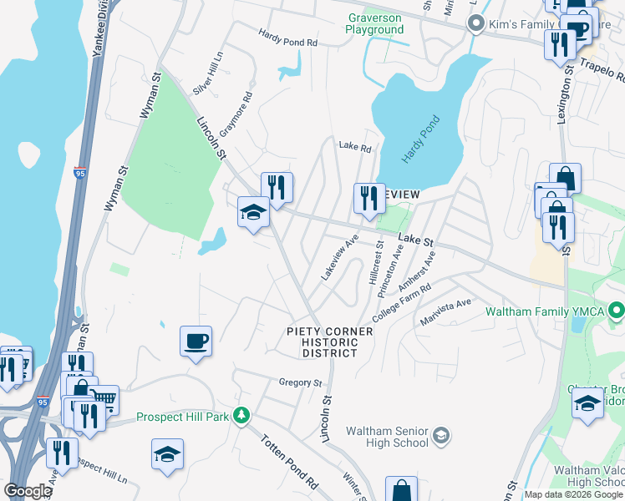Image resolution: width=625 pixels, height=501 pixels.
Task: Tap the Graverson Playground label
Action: (x=375, y=23)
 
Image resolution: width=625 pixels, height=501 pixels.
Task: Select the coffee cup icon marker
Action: (x=196, y=341)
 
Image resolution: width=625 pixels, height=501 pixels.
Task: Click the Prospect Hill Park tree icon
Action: (x=241, y=415)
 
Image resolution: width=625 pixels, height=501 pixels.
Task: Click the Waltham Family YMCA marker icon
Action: (x=617, y=311)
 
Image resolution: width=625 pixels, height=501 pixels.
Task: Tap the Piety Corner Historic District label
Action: (x=329, y=342)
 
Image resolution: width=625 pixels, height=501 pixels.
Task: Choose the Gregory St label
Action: (x=300, y=382)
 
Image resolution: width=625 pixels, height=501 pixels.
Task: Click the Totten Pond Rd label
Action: (x=289, y=462)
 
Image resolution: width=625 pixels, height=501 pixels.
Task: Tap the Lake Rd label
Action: (x=354, y=146)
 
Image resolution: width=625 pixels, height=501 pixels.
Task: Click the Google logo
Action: (x=28, y=491)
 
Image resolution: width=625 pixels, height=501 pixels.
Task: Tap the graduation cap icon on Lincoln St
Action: (x=253, y=211)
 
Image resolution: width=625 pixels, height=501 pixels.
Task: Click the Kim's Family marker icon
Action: (x=477, y=23)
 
